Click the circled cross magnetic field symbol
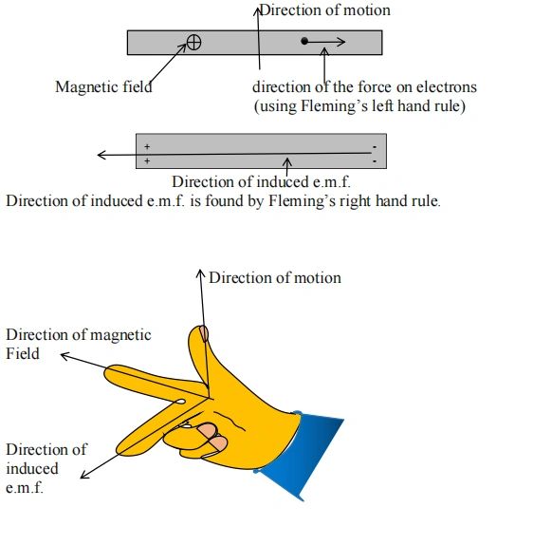(x=193, y=43)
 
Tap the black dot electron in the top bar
(x=304, y=42)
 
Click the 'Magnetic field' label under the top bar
(x=103, y=87)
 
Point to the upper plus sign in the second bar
(x=147, y=146)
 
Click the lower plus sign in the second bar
(x=147, y=160)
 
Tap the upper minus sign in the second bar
(x=375, y=147)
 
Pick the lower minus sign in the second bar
(x=375, y=161)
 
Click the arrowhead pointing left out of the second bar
(x=101, y=155)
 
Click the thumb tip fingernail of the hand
(x=204, y=333)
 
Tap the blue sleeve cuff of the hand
(x=301, y=454)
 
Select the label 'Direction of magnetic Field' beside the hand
(x=78, y=344)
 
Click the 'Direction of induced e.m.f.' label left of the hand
(x=46, y=468)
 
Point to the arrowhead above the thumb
(x=200, y=273)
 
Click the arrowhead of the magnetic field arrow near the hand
(x=64, y=356)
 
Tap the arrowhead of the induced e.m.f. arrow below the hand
(x=84, y=475)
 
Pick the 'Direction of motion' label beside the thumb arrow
(x=275, y=277)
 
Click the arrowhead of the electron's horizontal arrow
(x=341, y=42)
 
